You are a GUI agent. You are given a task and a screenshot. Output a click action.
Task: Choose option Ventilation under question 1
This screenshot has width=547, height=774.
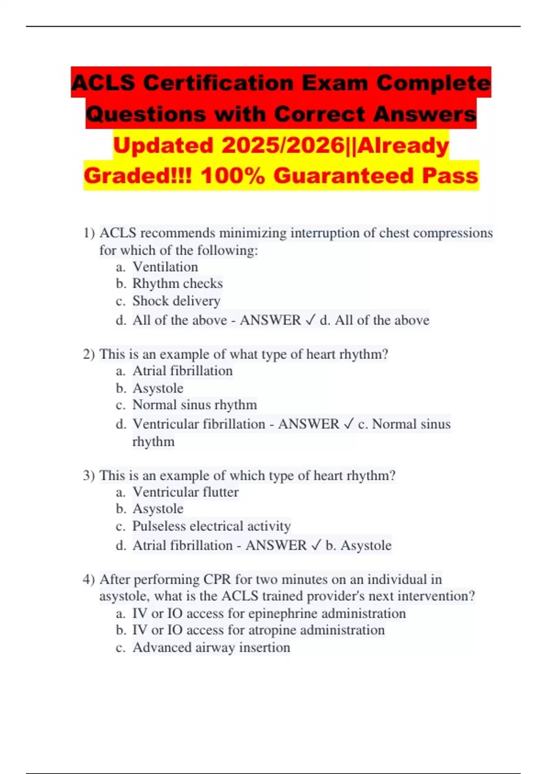point(165,267)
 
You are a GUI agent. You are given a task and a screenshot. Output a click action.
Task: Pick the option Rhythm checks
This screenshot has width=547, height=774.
point(177,284)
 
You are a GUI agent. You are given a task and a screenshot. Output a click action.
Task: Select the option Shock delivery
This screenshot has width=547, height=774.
point(176,301)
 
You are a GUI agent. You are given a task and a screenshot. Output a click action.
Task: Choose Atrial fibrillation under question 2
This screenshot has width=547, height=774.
point(182,371)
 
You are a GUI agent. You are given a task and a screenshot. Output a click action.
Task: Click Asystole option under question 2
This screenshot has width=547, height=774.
point(158,388)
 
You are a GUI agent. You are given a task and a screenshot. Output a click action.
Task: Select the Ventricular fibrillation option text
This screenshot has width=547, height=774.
point(199,424)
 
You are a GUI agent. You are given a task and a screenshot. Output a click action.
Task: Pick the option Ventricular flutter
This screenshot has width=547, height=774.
point(186,492)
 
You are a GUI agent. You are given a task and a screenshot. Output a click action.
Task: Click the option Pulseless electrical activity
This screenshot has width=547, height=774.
point(212,526)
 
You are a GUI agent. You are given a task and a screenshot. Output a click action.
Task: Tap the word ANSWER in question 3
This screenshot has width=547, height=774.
point(276,545)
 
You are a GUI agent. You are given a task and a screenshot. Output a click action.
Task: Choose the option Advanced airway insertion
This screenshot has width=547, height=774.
point(211,647)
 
